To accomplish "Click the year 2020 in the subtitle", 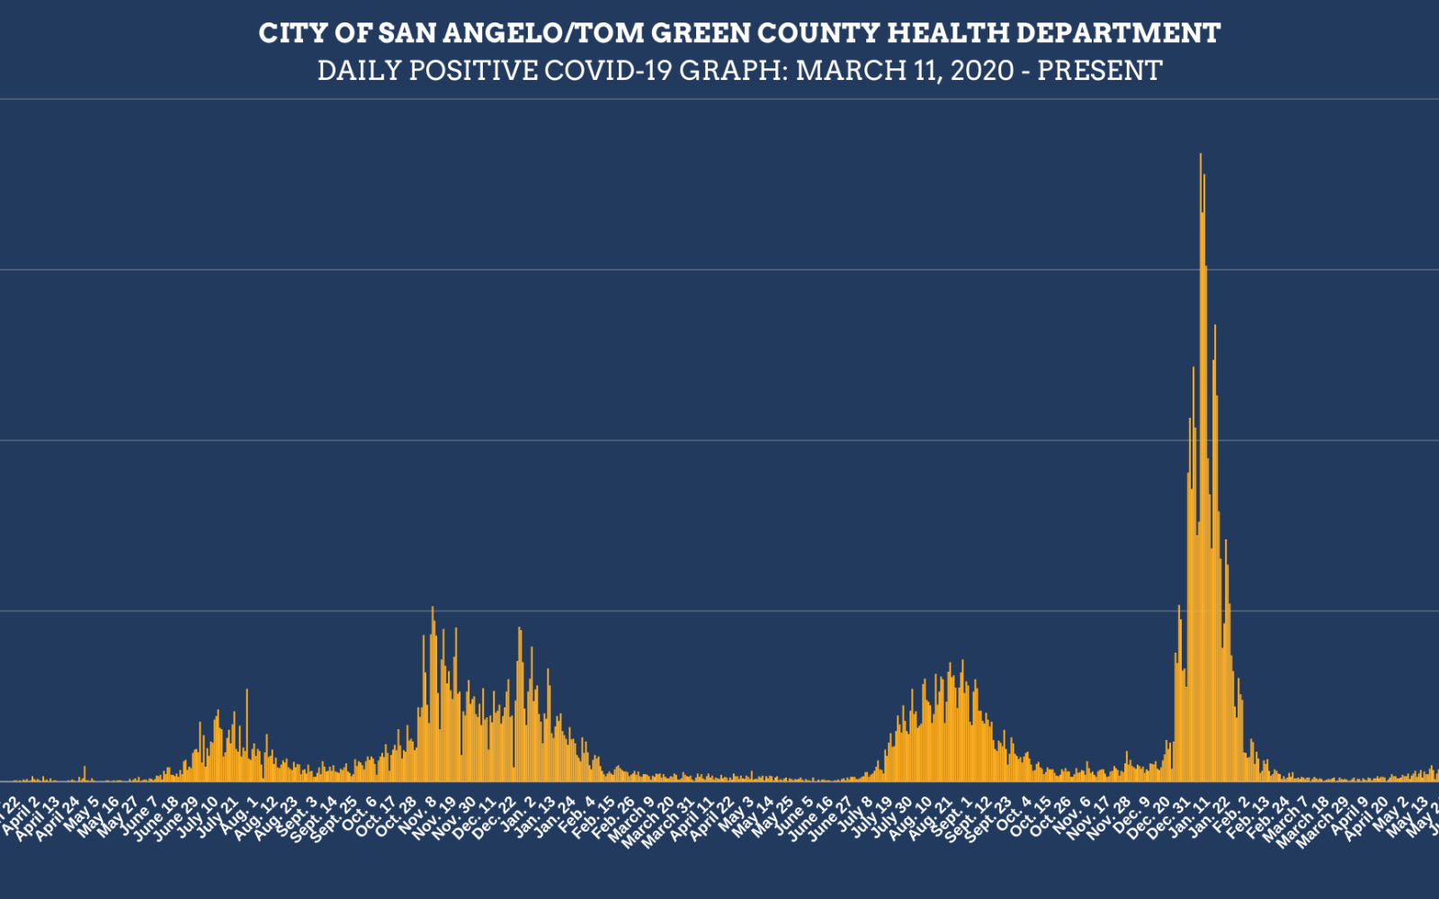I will (x=982, y=70).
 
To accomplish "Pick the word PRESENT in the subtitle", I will (x=1100, y=70).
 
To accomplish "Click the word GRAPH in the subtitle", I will (x=732, y=70).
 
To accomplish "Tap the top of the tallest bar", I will (x=1201, y=155).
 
